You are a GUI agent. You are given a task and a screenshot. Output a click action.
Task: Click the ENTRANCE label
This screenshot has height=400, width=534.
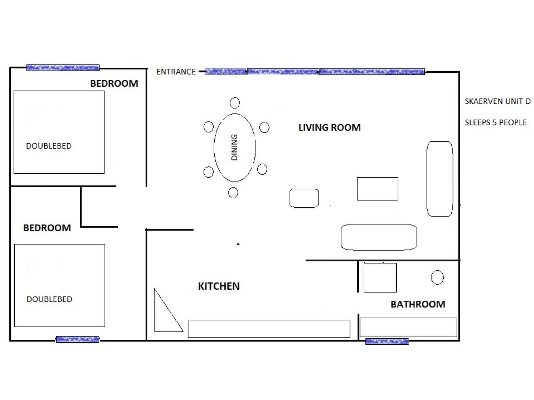click(x=176, y=72)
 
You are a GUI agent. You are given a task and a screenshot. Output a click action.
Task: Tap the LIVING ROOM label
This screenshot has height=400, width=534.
click(x=329, y=128)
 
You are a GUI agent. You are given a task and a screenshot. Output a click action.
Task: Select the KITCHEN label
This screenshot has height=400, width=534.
click(x=219, y=286)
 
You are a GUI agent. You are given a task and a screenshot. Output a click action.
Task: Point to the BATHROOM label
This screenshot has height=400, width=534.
click(x=418, y=304)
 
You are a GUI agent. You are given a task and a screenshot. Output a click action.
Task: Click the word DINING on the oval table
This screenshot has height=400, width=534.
click(x=234, y=147)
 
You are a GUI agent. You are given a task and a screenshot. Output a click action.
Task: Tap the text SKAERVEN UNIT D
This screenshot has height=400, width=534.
click(x=498, y=101)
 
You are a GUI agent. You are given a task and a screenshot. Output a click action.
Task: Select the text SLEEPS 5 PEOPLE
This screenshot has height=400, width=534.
click(x=496, y=122)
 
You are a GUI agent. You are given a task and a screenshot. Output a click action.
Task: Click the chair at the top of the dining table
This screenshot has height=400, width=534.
click(x=235, y=103)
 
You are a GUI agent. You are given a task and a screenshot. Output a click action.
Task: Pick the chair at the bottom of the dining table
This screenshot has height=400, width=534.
click(x=233, y=193)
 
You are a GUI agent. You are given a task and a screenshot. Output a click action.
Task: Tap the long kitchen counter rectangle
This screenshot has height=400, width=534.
click(x=269, y=329)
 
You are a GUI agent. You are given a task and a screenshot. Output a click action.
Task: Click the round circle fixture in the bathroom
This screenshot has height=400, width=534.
click(x=437, y=277)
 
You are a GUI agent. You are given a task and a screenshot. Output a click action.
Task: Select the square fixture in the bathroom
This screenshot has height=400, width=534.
click(x=380, y=278)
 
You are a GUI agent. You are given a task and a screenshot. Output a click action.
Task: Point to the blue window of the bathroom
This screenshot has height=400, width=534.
click(x=387, y=341)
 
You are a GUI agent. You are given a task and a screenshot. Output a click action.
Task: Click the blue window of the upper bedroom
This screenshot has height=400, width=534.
click(x=63, y=68)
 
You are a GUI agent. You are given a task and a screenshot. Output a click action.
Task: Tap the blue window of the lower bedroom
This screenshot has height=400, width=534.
click(x=78, y=339)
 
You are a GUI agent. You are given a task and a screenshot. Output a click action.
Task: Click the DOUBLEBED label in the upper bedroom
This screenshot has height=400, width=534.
click(x=49, y=146)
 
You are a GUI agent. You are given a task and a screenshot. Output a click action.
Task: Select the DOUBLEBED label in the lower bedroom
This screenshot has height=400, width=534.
click(x=49, y=299)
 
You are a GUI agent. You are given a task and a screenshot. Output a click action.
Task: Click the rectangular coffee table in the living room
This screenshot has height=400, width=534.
click(x=377, y=189)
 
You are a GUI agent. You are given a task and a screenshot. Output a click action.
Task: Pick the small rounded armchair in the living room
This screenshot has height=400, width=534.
click(x=304, y=198)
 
